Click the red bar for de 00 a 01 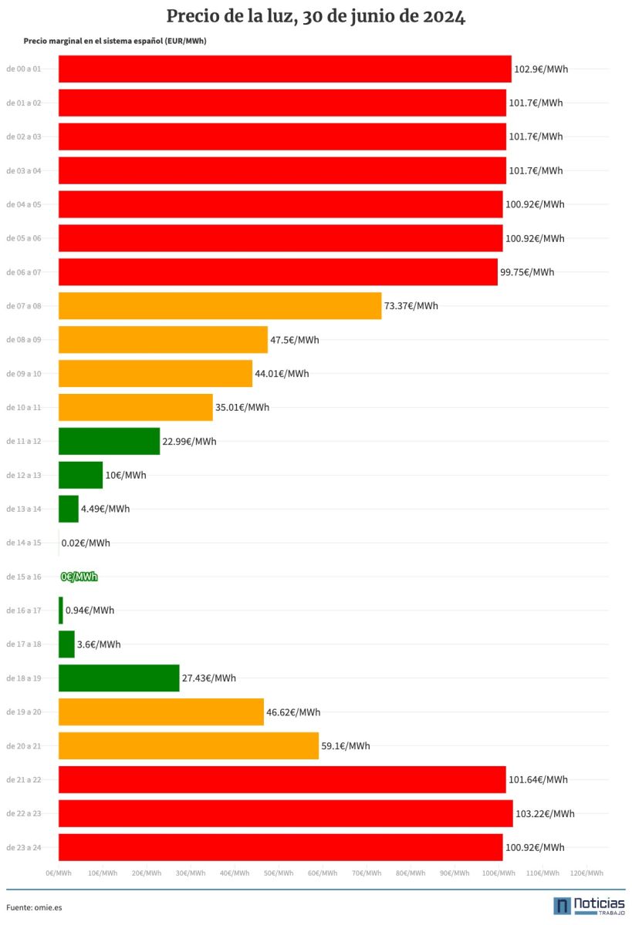coord(285,69)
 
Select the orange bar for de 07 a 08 coord(220,306)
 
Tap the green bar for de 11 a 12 coord(109,441)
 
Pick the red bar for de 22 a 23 coord(286,813)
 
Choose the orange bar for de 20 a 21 coord(188,745)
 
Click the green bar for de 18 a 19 coord(119,678)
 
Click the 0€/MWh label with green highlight coord(79,577)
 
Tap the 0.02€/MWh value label coord(86,543)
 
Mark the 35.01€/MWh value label coord(242,407)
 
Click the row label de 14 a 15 coord(24,543)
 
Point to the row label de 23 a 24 coord(24,847)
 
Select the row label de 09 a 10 coord(24,374)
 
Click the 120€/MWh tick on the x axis coord(586,873)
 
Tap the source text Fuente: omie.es coord(34,907)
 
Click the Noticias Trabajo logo coord(589,906)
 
